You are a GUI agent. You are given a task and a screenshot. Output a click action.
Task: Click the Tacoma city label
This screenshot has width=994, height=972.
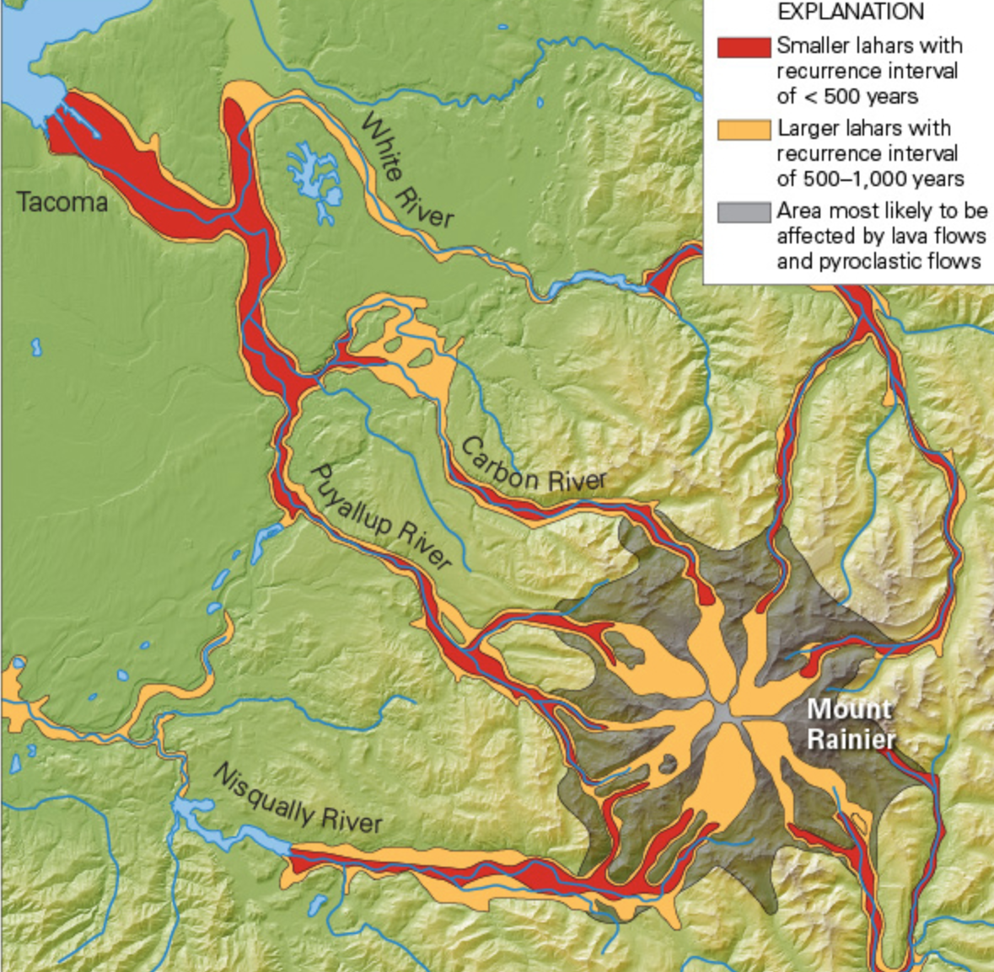[62, 203]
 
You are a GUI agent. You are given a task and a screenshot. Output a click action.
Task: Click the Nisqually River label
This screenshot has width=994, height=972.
[298, 798]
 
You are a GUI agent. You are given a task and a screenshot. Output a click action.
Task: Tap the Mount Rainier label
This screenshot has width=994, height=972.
[850, 724]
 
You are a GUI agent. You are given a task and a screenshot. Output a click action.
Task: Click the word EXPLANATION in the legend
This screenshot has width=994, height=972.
[850, 13]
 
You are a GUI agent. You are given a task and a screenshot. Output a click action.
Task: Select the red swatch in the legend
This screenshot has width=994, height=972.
[744, 47]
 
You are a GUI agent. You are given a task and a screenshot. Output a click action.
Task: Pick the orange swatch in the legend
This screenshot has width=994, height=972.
[744, 130]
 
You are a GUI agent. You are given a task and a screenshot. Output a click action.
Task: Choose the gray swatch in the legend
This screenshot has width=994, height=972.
[744, 211]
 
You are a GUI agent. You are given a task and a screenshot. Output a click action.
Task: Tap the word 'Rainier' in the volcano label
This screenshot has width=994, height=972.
[850, 740]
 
